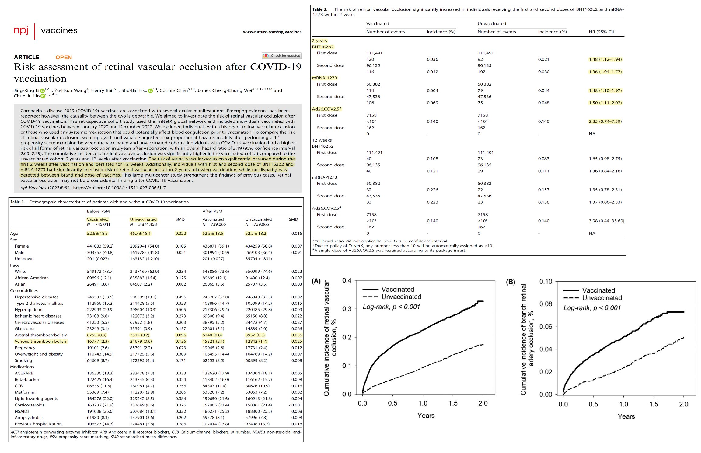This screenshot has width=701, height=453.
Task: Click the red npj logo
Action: coord(21,30)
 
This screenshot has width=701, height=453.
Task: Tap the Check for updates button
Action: coord(281,56)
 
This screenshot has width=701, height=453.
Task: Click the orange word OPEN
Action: coord(64,58)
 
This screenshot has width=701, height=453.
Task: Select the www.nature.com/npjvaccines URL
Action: coord(272,32)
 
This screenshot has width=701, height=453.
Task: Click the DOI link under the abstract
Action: coord(119,188)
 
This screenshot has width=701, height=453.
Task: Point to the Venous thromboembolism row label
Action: coord(41,341)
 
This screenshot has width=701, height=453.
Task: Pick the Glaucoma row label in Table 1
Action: coord(24,328)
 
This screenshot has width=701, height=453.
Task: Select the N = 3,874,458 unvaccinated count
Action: coord(143,224)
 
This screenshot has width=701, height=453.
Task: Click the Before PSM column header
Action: coord(98,211)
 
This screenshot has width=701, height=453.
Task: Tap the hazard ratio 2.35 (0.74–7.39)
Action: coord(605,121)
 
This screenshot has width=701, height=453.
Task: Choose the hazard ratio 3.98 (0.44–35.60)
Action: coord(606,221)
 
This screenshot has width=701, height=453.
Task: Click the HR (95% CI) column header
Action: coord(601,32)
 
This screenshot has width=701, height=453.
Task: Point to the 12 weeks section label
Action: coord(322,140)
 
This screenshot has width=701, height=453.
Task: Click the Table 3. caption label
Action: coord(319,9)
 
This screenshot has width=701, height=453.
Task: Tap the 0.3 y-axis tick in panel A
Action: coord(347,309)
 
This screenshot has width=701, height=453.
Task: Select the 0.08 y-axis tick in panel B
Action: coord(546,304)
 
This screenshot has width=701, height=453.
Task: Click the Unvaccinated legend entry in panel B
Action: coord(602,298)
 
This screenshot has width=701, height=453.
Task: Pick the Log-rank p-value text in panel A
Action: coord(391,307)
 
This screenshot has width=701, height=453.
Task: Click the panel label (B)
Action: coord(510,282)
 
